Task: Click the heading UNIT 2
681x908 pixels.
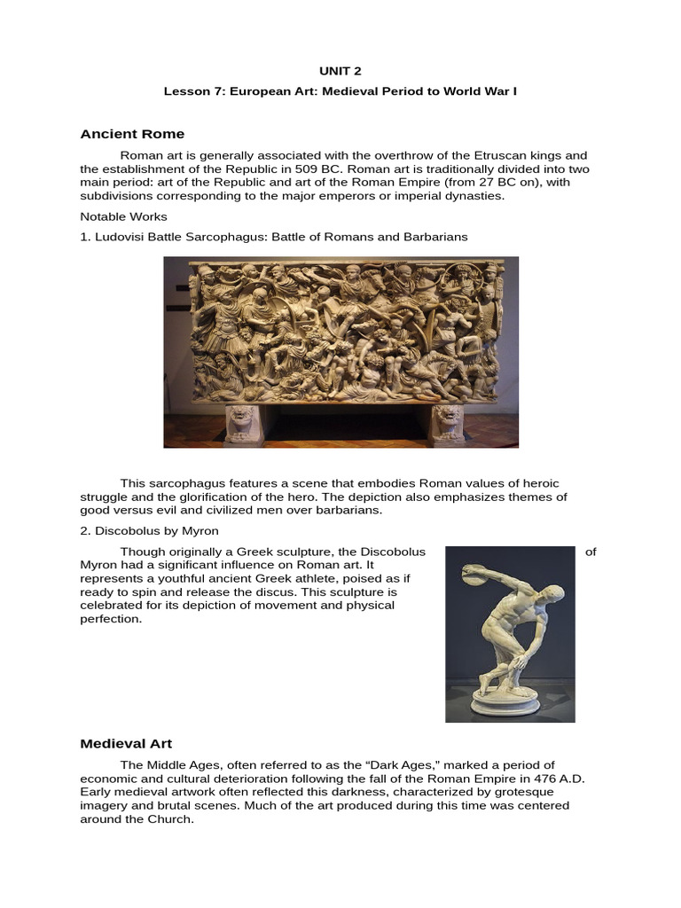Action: tap(340, 71)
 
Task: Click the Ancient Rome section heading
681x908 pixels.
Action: tap(132, 134)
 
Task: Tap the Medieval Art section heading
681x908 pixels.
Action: tap(126, 743)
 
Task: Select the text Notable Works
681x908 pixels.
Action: tap(123, 216)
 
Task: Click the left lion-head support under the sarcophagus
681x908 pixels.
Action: tap(241, 424)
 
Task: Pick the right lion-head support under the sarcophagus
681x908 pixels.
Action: tap(446, 424)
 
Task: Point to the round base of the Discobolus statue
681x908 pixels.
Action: tap(505, 705)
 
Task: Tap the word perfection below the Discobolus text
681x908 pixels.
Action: tap(110, 619)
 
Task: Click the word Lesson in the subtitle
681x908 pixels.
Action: tap(184, 91)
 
